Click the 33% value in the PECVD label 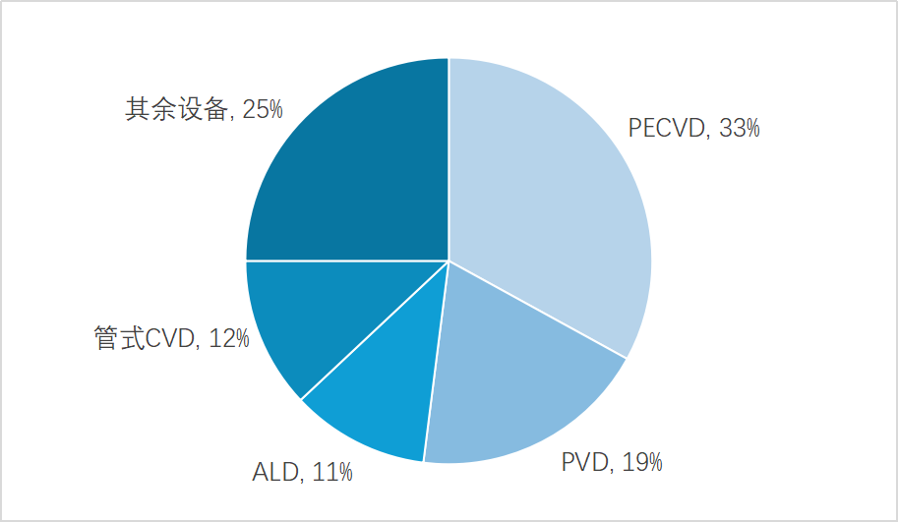coord(739,128)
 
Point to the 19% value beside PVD coord(641,462)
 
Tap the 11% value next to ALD coord(331,473)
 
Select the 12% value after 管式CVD coord(228,339)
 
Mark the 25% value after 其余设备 coord(262,109)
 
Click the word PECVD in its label coord(667,128)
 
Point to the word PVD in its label coord(584,462)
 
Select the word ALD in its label coord(275,473)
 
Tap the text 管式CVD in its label coord(147,339)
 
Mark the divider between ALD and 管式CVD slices coord(375,329)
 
